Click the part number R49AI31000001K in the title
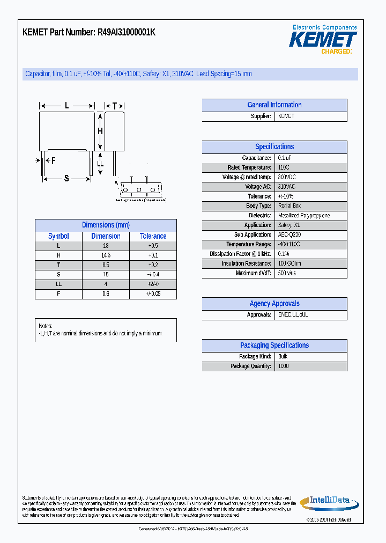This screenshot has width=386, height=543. pos(127,32)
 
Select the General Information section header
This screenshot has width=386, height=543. pos(274,105)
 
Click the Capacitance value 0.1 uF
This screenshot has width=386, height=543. pos(285,158)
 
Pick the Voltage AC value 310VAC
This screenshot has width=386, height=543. pos(286,187)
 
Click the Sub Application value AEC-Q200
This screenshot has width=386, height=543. pos(289,235)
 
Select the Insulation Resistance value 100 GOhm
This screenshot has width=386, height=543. pos(289,263)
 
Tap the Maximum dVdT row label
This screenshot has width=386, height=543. pos(254,273)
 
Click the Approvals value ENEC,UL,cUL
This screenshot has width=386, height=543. pos(293,315)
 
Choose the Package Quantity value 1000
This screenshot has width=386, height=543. pos(284,366)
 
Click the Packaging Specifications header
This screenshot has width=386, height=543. pos(274,346)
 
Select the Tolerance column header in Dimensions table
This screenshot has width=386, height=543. pos(153,236)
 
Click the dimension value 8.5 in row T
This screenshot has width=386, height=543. pos(106,265)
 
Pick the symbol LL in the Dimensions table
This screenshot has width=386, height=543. pos(58,284)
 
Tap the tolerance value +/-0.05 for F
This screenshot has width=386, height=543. pos(153,294)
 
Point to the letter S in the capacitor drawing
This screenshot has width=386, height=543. pos(66,179)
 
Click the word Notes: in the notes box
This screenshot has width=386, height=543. pos(46,326)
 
